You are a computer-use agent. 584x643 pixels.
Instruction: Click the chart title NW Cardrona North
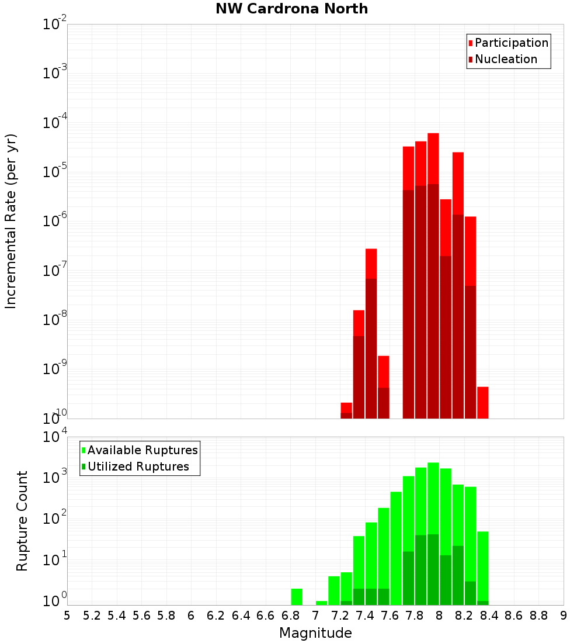tap(292, 9)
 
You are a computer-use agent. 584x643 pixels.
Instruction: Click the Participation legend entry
tap(511, 43)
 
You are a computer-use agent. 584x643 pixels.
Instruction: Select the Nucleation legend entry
tap(505, 60)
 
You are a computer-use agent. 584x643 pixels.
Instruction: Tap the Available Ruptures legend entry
tap(142, 450)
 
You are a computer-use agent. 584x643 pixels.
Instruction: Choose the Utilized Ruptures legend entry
tap(138, 466)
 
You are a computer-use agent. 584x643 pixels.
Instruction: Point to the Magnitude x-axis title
tap(315, 633)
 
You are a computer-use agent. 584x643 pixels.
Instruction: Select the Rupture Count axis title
tap(22, 520)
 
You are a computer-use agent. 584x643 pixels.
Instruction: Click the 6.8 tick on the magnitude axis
tap(290, 616)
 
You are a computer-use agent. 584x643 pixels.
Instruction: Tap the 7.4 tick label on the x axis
tap(365, 616)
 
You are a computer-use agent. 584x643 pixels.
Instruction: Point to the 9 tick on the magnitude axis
tap(564, 616)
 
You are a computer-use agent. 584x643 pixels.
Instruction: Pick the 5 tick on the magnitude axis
tap(67, 616)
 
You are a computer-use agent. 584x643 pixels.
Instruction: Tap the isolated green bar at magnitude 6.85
tap(297, 596)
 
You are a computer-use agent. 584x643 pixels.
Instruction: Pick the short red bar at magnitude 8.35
tap(482, 402)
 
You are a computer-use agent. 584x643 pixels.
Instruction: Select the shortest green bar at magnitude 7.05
tap(321, 603)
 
